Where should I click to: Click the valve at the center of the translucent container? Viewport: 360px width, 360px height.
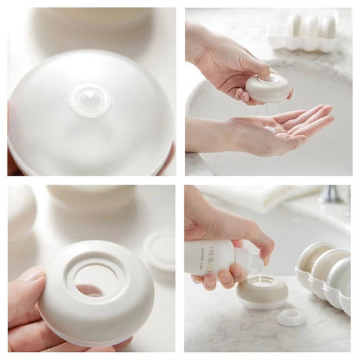[x=90, y=101]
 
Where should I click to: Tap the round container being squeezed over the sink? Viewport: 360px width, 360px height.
[x=267, y=88]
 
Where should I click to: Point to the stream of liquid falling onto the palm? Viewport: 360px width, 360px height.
[x=270, y=111]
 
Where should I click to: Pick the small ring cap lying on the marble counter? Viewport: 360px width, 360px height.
[x=290, y=317]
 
